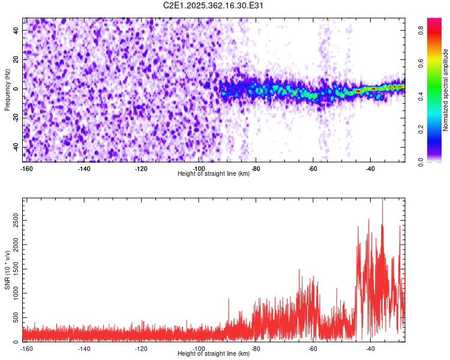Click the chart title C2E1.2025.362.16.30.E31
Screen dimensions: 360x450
(x=214, y=5)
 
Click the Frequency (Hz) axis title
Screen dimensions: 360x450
(x=7, y=89)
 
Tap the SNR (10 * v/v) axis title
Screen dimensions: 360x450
(x=7, y=269)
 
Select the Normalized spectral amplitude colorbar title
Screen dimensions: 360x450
(x=446, y=90)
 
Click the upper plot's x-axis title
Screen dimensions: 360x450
(x=214, y=173)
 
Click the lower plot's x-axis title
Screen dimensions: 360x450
(x=214, y=353)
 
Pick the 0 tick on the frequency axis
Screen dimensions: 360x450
(x=16, y=89)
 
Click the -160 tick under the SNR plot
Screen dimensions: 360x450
(x=26, y=349)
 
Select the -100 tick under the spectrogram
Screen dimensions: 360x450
(x=198, y=169)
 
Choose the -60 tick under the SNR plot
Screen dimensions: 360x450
(x=313, y=349)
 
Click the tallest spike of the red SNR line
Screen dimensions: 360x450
(x=383, y=200)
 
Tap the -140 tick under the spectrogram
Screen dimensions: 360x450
(x=83, y=169)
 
